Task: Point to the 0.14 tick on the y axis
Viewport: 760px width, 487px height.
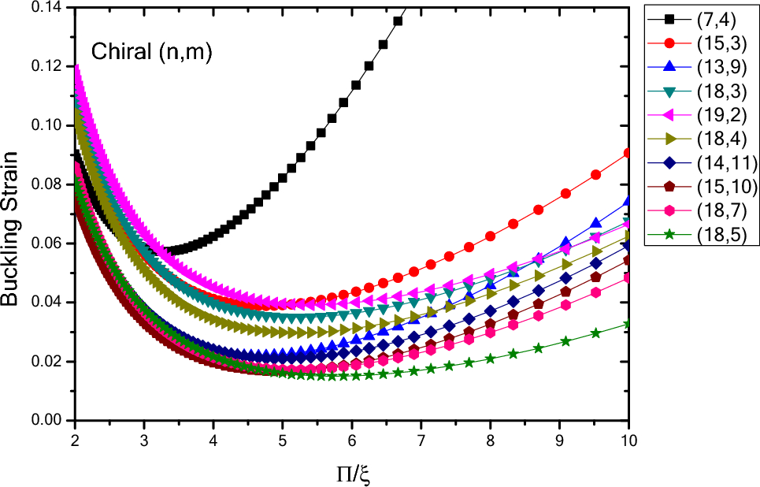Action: (x=50, y=8)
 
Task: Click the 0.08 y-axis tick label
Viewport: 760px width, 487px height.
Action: (x=50, y=184)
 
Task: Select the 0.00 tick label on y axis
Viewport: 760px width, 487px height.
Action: (x=50, y=421)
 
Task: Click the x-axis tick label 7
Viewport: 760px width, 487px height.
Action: (x=421, y=437)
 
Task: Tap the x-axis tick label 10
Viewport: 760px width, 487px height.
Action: (x=628, y=437)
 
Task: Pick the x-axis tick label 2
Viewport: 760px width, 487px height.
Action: (x=75, y=437)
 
